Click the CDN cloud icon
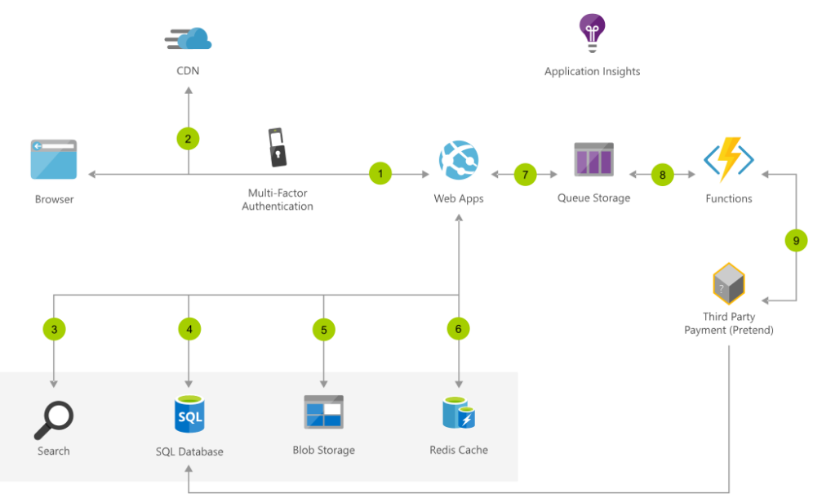[x=189, y=38]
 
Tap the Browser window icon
[x=54, y=159]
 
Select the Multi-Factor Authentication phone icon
[x=278, y=146]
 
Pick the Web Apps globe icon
[x=459, y=160]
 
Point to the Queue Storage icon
[x=593, y=159]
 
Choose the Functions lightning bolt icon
[x=728, y=159]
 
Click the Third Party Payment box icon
[x=729, y=283]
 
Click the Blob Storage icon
[x=324, y=413]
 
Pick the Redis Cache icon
[x=459, y=414]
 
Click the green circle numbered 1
[x=380, y=173]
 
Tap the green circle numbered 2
[x=189, y=139]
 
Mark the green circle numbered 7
[x=526, y=174]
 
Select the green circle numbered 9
[x=796, y=241]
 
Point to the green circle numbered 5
[x=324, y=329]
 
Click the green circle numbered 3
[x=54, y=329]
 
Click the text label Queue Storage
[x=593, y=198]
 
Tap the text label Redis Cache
[x=459, y=450]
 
